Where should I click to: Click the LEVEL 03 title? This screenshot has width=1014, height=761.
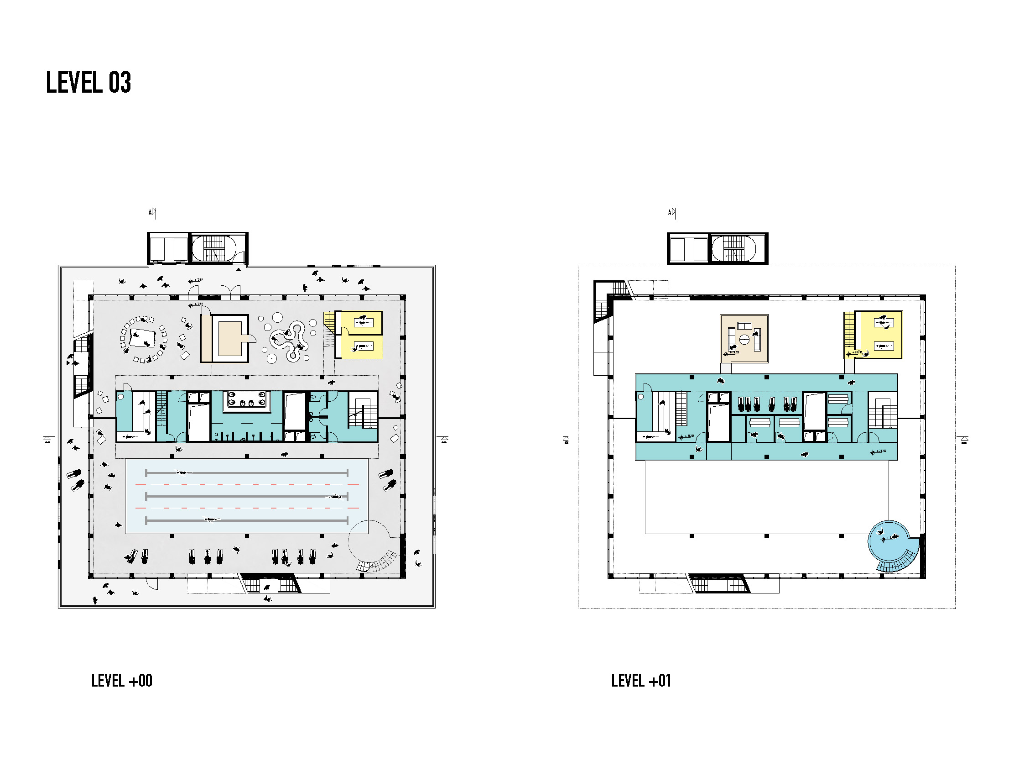pos(88,83)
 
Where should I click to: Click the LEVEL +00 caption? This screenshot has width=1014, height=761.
pos(121,681)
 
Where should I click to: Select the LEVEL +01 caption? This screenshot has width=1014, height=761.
pos(641,681)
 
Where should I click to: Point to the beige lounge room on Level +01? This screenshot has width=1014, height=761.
pos(744,339)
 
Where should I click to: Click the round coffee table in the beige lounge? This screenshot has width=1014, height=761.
pos(744,340)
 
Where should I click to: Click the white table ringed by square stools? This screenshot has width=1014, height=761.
pos(143,339)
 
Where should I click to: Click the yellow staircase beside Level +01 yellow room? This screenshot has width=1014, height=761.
pos(849,329)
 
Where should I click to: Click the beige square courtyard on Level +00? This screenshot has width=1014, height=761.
pos(229,339)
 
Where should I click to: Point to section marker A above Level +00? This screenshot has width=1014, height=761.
pos(152,212)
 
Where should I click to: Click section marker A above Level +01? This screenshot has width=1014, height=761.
pos(671,212)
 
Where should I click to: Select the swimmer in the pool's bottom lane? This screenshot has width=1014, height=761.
pos(211,520)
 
